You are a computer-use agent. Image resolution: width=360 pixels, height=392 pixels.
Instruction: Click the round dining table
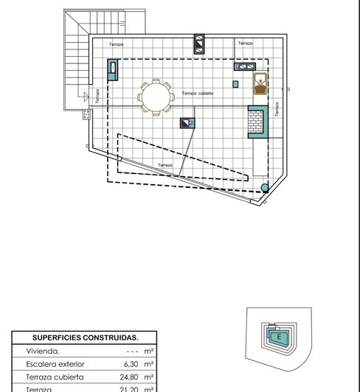click(156, 96)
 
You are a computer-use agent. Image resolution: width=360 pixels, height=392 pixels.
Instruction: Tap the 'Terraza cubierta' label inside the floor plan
click(198, 94)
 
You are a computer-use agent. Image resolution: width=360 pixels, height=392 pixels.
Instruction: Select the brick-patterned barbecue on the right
click(257, 122)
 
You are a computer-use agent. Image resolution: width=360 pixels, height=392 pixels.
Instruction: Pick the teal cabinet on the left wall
click(114, 70)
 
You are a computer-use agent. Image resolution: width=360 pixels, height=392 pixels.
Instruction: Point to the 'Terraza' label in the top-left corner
click(116, 44)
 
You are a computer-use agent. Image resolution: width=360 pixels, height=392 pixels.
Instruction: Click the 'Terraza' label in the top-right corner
click(245, 43)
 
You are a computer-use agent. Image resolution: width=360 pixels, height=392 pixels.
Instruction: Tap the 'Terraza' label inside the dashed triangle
click(165, 165)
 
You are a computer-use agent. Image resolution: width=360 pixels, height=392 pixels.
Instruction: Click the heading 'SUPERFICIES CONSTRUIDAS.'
click(85, 337)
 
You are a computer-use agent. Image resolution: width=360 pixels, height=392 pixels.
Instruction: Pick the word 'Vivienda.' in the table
click(43, 351)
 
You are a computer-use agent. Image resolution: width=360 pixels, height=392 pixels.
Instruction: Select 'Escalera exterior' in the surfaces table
click(55, 364)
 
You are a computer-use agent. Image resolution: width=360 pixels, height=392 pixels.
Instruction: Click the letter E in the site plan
click(278, 337)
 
